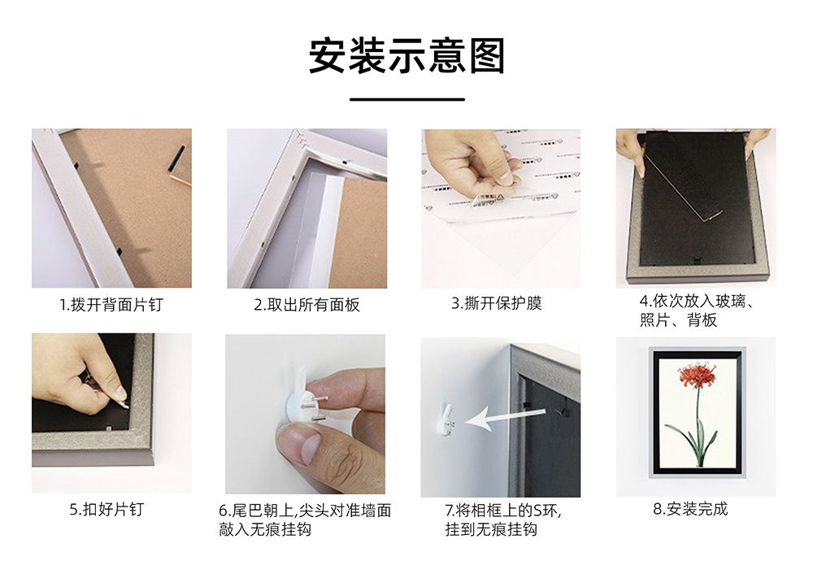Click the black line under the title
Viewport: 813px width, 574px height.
406,99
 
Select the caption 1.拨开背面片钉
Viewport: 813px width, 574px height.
111,305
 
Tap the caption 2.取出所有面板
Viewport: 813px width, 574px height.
307,305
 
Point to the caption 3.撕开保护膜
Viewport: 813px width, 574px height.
497,303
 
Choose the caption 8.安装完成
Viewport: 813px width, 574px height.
690,510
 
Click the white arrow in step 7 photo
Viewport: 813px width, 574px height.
496,420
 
